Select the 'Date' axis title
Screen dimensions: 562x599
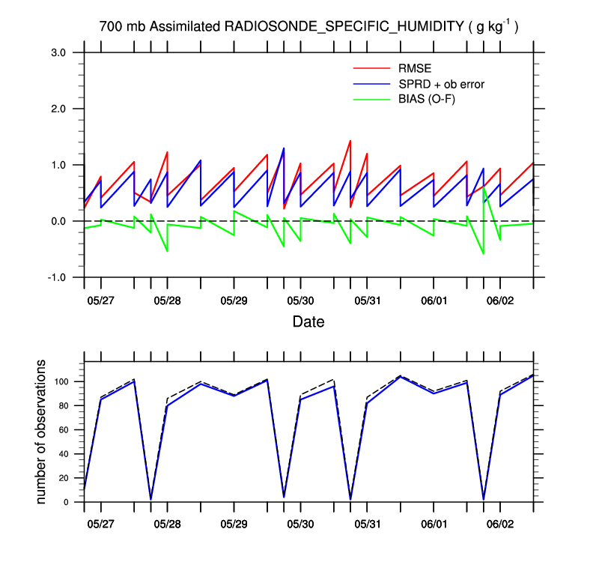(x=308, y=322)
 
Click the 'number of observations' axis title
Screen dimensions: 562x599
(x=42, y=432)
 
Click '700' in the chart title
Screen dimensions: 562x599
(x=110, y=27)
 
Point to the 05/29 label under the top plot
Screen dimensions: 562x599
(x=234, y=300)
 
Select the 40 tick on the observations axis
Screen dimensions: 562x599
(x=64, y=454)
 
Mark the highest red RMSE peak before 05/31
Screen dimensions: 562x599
(x=350, y=141)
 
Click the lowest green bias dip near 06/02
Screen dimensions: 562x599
(x=483, y=254)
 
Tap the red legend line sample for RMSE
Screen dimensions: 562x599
(x=371, y=69)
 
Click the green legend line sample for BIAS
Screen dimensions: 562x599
(x=371, y=99)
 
